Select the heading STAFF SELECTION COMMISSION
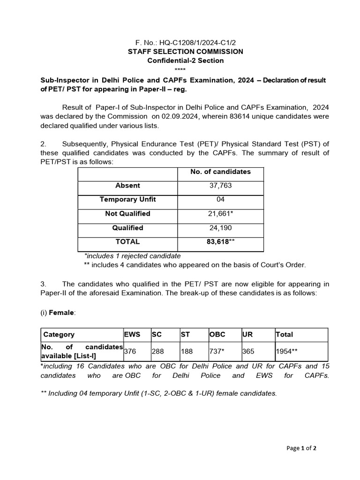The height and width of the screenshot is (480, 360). coord(186,52)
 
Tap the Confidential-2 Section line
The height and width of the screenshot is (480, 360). coord(186,60)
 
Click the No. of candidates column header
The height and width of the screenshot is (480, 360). coord(220,172)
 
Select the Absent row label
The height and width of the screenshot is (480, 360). coord(127,186)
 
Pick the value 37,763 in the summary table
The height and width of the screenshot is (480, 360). coord(220,186)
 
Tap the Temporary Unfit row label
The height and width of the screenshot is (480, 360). coord(127,200)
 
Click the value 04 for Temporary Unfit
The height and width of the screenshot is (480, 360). coord(220,200)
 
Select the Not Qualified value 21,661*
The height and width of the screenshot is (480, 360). coord(220,214)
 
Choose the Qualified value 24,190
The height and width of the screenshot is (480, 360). coord(220,228)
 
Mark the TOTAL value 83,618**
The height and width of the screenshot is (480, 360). coord(220,242)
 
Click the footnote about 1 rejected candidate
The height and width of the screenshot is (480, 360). coord(132,256)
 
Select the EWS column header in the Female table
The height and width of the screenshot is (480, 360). coord(132,334)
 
